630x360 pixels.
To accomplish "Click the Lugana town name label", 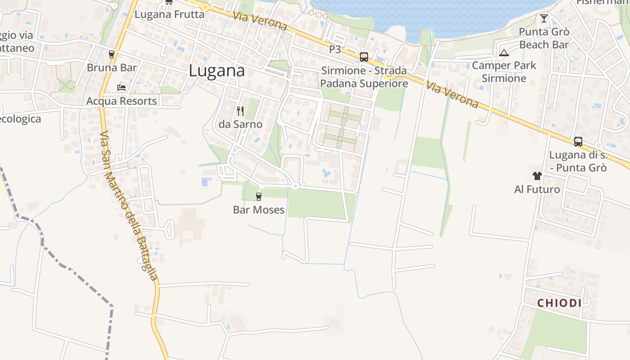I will [217, 71].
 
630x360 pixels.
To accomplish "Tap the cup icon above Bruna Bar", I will [112, 54].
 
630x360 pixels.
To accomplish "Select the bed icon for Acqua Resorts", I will [121, 87].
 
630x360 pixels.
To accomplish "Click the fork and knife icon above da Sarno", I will [240, 111].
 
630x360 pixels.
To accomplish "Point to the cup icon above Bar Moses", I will [258, 196].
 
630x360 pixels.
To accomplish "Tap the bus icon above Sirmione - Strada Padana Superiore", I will [364, 57].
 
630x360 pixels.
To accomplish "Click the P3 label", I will [335, 49].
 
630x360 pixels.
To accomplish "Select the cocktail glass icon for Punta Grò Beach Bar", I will [544, 18].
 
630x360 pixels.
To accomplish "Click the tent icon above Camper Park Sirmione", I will [504, 53].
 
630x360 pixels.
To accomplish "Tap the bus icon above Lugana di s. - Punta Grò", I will [578, 142].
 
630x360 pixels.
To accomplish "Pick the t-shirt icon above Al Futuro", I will [537, 175].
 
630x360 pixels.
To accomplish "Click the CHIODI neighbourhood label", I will [559, 303].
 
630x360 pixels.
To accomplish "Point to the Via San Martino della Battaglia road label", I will [129, 206].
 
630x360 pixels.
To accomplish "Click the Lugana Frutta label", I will [169, 14].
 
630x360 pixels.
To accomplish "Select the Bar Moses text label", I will [259, 210].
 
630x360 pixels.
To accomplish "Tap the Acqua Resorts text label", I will [121, 101].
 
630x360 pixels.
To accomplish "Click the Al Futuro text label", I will [537, 189].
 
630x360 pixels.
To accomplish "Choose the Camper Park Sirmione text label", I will [504, 72].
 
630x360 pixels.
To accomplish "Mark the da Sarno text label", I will [240, 124].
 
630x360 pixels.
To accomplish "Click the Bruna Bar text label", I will [112, 68].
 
